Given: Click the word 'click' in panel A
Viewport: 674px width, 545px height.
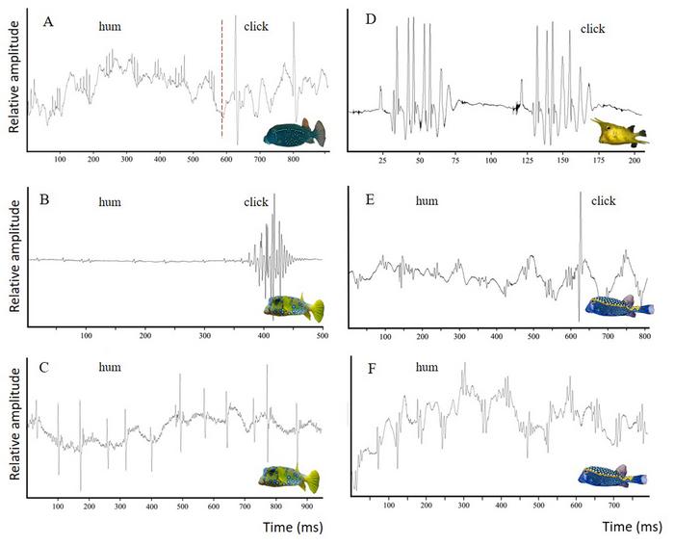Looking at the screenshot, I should pyautogui.click(x=259, y=28).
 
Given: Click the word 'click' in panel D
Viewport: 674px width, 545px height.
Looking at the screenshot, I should pyautogui.click(x=592, y=29).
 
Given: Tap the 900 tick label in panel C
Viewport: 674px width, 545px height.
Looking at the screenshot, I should pyautogui.click(x=306, y=505).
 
